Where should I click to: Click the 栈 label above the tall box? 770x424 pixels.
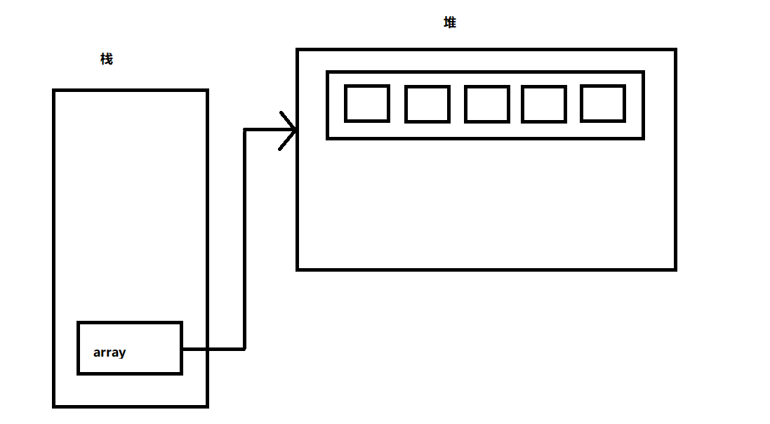(x=107, y=59)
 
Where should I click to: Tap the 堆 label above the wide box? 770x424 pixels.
(x=450, y=22)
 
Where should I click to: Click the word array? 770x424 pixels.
(x=109, y=352)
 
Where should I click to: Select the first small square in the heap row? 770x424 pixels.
(x=367, y=104)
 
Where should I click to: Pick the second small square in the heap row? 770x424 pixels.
(x=427, y=104)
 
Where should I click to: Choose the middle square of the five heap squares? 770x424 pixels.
(x=486, y=104)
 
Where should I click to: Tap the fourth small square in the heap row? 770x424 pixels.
(x=544, y=104)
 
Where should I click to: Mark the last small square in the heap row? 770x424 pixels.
(x=603, y=104)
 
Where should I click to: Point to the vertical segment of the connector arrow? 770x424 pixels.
(x=244, y=239)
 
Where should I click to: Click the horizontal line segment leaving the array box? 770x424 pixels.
(x=213, y=348)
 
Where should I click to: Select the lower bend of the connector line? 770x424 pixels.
(x=244, y=348)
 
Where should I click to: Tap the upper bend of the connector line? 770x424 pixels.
(x=244, y=130)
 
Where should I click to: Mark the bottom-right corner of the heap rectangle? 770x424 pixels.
(x=675, y=268)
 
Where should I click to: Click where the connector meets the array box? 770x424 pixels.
(x=182, y=348)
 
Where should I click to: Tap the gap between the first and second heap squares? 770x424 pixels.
(x=397, y=104)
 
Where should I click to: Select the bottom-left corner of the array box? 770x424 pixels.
(x=79, y=373)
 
